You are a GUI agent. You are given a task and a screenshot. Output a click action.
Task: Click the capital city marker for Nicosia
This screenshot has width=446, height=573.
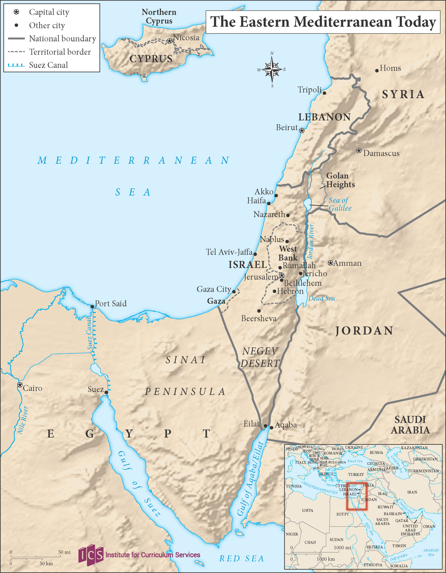point(169,41)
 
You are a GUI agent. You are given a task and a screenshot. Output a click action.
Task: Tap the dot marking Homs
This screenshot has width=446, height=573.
point(377,71)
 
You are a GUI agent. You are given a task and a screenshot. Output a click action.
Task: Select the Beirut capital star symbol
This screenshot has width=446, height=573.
point(302,131)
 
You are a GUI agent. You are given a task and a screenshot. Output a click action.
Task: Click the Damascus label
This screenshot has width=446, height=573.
point(381,153)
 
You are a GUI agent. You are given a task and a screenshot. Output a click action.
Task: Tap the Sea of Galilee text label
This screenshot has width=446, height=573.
point(340,204)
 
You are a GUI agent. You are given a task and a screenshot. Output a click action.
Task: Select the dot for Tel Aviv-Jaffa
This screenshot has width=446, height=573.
point(255,254)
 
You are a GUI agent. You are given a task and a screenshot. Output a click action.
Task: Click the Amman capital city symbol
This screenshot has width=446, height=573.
point(330,263)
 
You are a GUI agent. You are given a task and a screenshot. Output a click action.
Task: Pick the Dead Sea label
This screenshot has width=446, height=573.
point(321,298)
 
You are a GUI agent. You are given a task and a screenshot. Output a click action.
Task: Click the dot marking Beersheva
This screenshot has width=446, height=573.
point(259,311)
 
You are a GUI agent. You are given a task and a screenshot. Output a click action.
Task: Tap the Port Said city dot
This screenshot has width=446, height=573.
point(92,307)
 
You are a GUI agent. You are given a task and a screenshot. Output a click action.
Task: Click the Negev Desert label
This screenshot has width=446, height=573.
point(260,357)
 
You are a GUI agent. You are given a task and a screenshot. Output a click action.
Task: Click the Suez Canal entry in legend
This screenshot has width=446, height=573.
point(48,65)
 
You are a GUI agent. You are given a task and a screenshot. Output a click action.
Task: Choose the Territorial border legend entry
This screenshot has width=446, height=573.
point(60,52)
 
